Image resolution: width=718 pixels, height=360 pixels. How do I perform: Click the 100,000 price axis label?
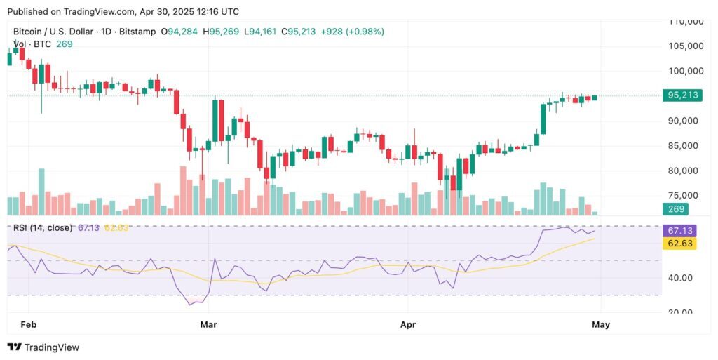684,71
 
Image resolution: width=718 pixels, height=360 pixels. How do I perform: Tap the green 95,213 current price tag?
682,95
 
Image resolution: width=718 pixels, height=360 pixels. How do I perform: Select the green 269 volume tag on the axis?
676,209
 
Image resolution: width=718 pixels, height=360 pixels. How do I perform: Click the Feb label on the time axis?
29,325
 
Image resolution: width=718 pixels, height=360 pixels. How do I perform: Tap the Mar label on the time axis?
210,325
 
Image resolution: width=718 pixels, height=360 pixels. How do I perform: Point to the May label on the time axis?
601,325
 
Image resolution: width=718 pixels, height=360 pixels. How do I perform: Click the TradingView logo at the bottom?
43,347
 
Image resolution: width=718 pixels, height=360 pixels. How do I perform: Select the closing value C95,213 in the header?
300,32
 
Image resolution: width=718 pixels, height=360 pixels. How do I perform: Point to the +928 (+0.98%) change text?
355,32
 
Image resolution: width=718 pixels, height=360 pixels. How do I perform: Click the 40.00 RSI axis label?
681,278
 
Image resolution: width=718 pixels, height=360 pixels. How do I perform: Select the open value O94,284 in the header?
180,32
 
